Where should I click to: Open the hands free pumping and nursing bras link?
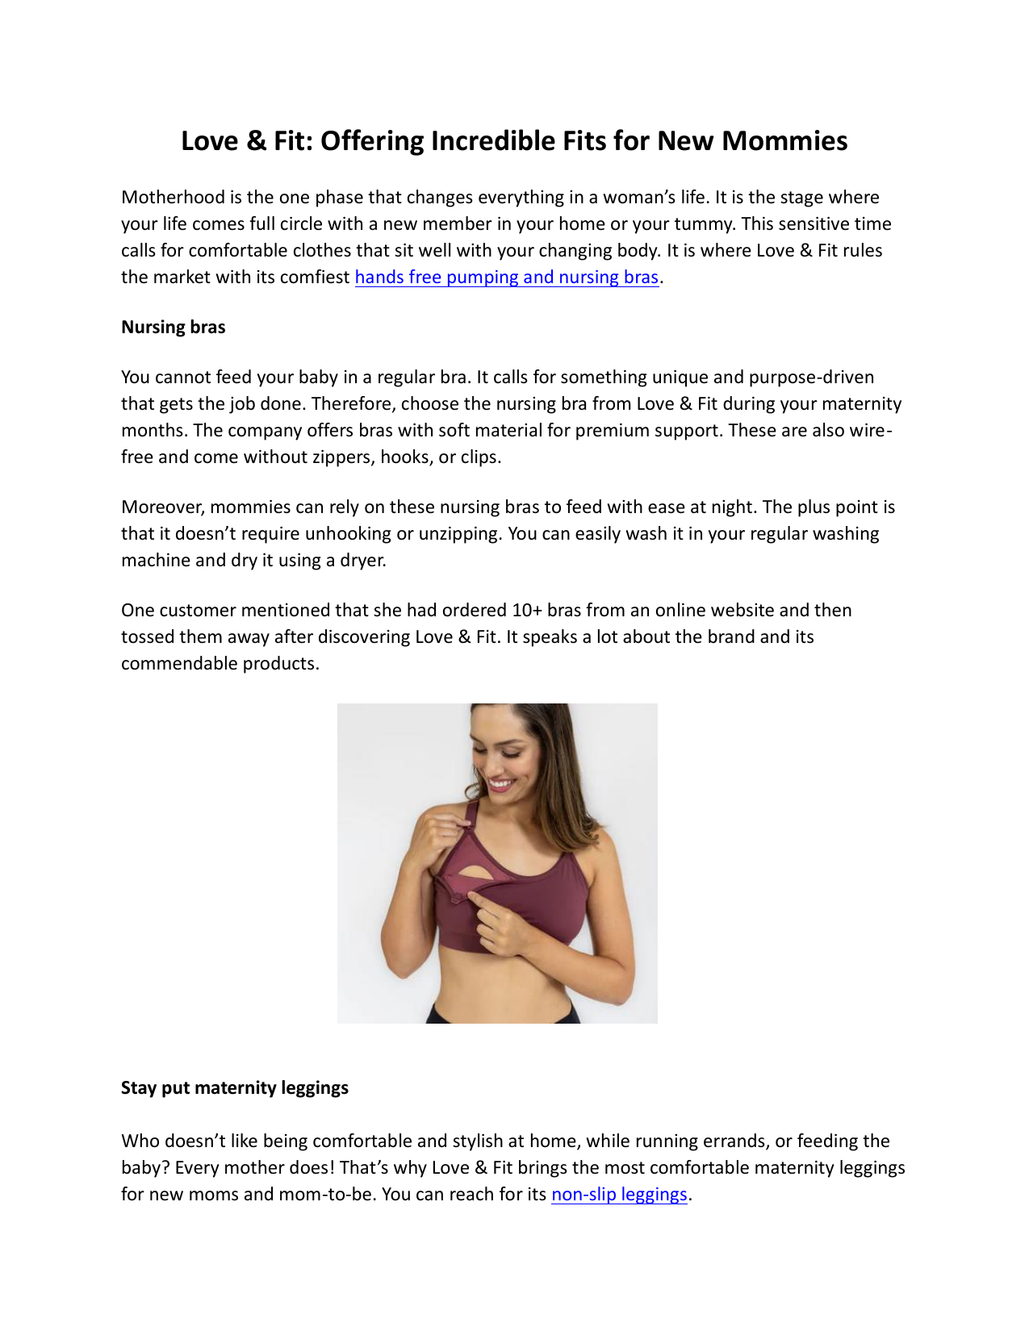507,277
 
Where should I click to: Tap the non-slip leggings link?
619,1195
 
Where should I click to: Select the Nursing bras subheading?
173,328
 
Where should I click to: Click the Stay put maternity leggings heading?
235,1088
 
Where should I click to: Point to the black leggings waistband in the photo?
500,1012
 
